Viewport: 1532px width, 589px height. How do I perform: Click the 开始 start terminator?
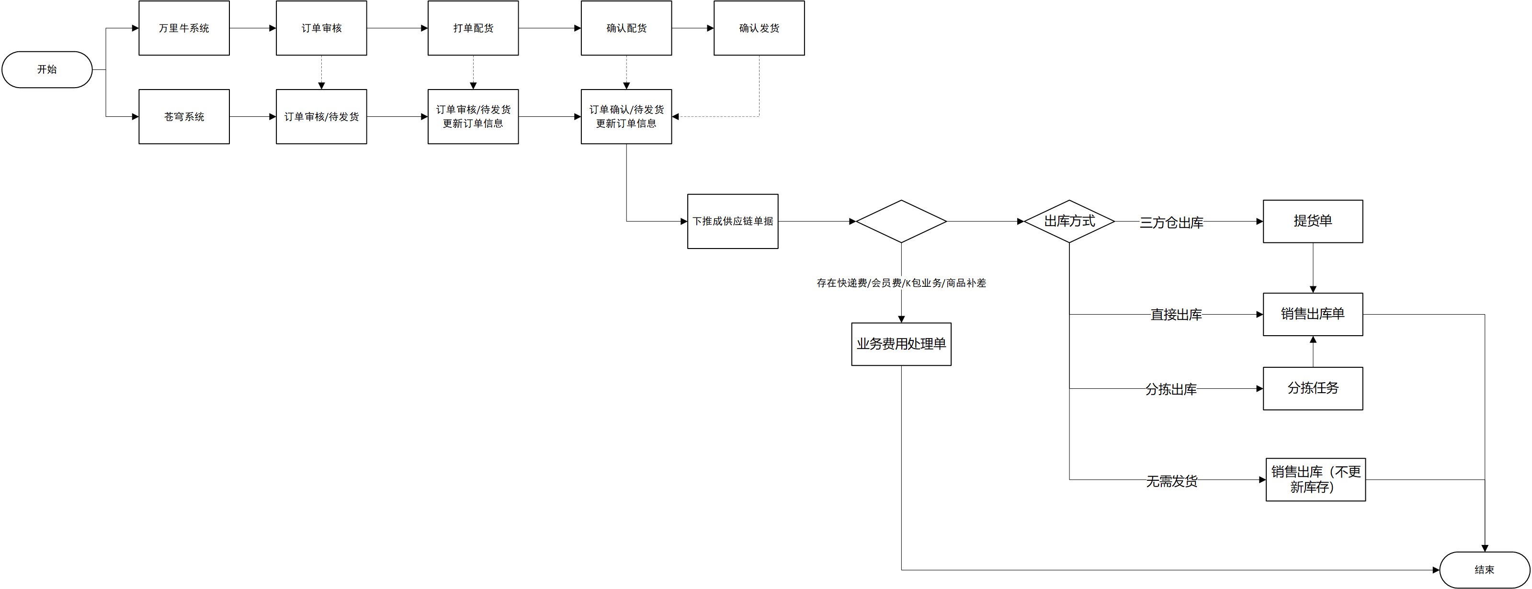47,69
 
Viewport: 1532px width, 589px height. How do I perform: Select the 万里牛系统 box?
184,28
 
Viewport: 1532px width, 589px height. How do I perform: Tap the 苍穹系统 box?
184,117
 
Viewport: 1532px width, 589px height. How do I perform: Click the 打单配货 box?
473,28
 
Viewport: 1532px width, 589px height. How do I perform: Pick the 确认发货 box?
759,28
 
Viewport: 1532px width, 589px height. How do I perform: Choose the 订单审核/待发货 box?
321,117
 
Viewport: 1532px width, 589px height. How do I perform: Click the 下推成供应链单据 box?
733,221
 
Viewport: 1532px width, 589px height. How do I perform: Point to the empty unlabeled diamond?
901,221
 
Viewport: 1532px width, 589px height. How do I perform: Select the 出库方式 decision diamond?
1069,221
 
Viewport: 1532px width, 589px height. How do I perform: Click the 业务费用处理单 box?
901,344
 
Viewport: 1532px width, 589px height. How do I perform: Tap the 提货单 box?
1313,221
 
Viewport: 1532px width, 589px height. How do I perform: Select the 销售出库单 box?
1313,314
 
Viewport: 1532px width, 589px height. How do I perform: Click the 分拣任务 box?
1313,388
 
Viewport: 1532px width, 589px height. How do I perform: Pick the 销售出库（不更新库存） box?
1316,479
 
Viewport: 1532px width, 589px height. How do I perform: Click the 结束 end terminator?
1485,570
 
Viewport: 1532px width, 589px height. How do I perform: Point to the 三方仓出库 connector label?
1171,223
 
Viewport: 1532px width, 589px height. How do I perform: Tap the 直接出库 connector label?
1176,315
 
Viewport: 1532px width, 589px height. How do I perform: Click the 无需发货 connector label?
1171,481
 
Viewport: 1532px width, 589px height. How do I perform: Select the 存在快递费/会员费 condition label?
901,283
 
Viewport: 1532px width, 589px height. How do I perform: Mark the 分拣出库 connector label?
1171,389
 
